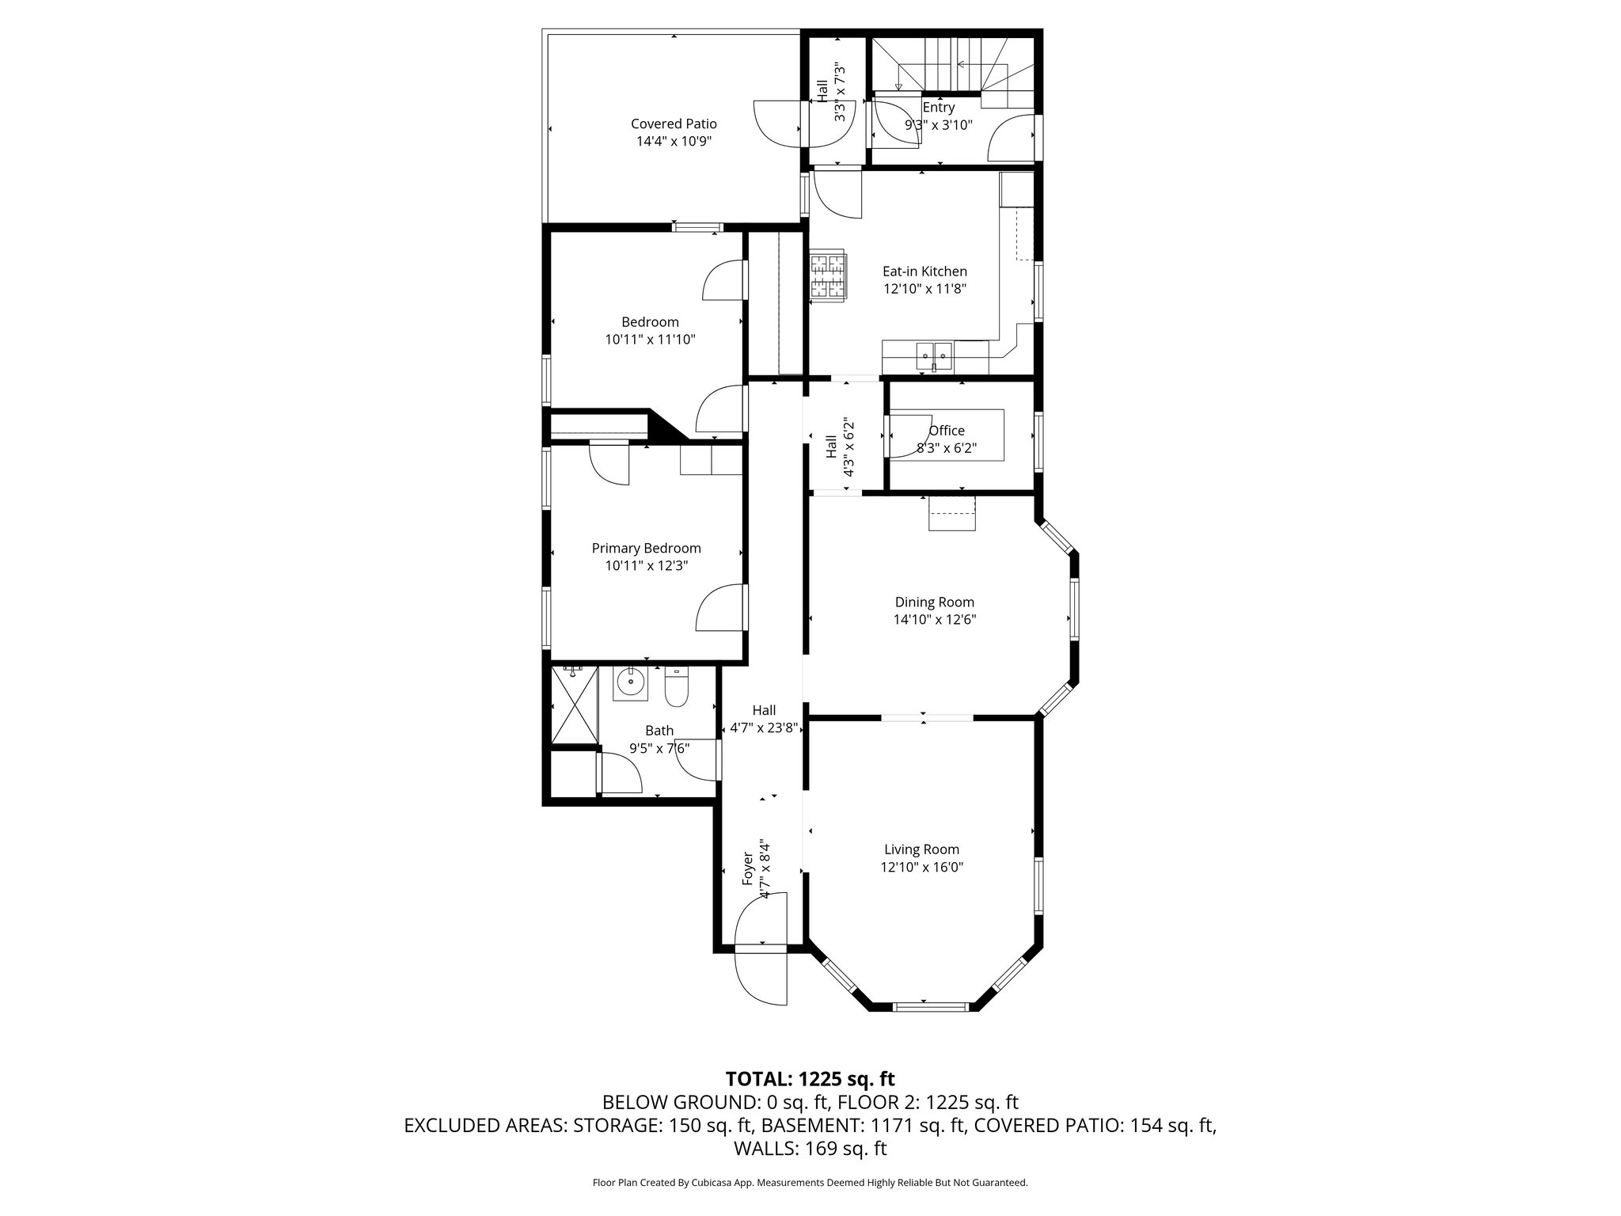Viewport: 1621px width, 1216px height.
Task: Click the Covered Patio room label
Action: (674, 124)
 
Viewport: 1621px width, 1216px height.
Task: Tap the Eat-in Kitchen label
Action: (924, 272)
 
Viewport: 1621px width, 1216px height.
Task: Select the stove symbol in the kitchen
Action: (828, 276)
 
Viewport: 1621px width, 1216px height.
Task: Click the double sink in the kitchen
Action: (935, 357)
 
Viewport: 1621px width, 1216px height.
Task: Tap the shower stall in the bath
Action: (574, 705)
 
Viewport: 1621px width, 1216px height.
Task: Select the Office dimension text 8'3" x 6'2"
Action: (947, 448)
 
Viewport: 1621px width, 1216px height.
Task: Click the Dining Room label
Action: (934, 602)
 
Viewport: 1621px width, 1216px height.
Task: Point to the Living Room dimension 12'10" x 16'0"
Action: (921, 867)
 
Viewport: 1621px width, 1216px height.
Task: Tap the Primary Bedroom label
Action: (646, 549)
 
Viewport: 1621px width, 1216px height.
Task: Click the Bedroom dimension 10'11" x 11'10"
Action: (650, 340)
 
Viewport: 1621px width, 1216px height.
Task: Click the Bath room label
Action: (659, 731)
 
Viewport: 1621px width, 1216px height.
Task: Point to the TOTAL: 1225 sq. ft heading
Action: (810, 1078)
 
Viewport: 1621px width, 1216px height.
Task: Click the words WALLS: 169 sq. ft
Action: (810, 1148)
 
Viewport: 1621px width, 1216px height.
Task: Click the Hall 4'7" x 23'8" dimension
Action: (763, 728)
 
